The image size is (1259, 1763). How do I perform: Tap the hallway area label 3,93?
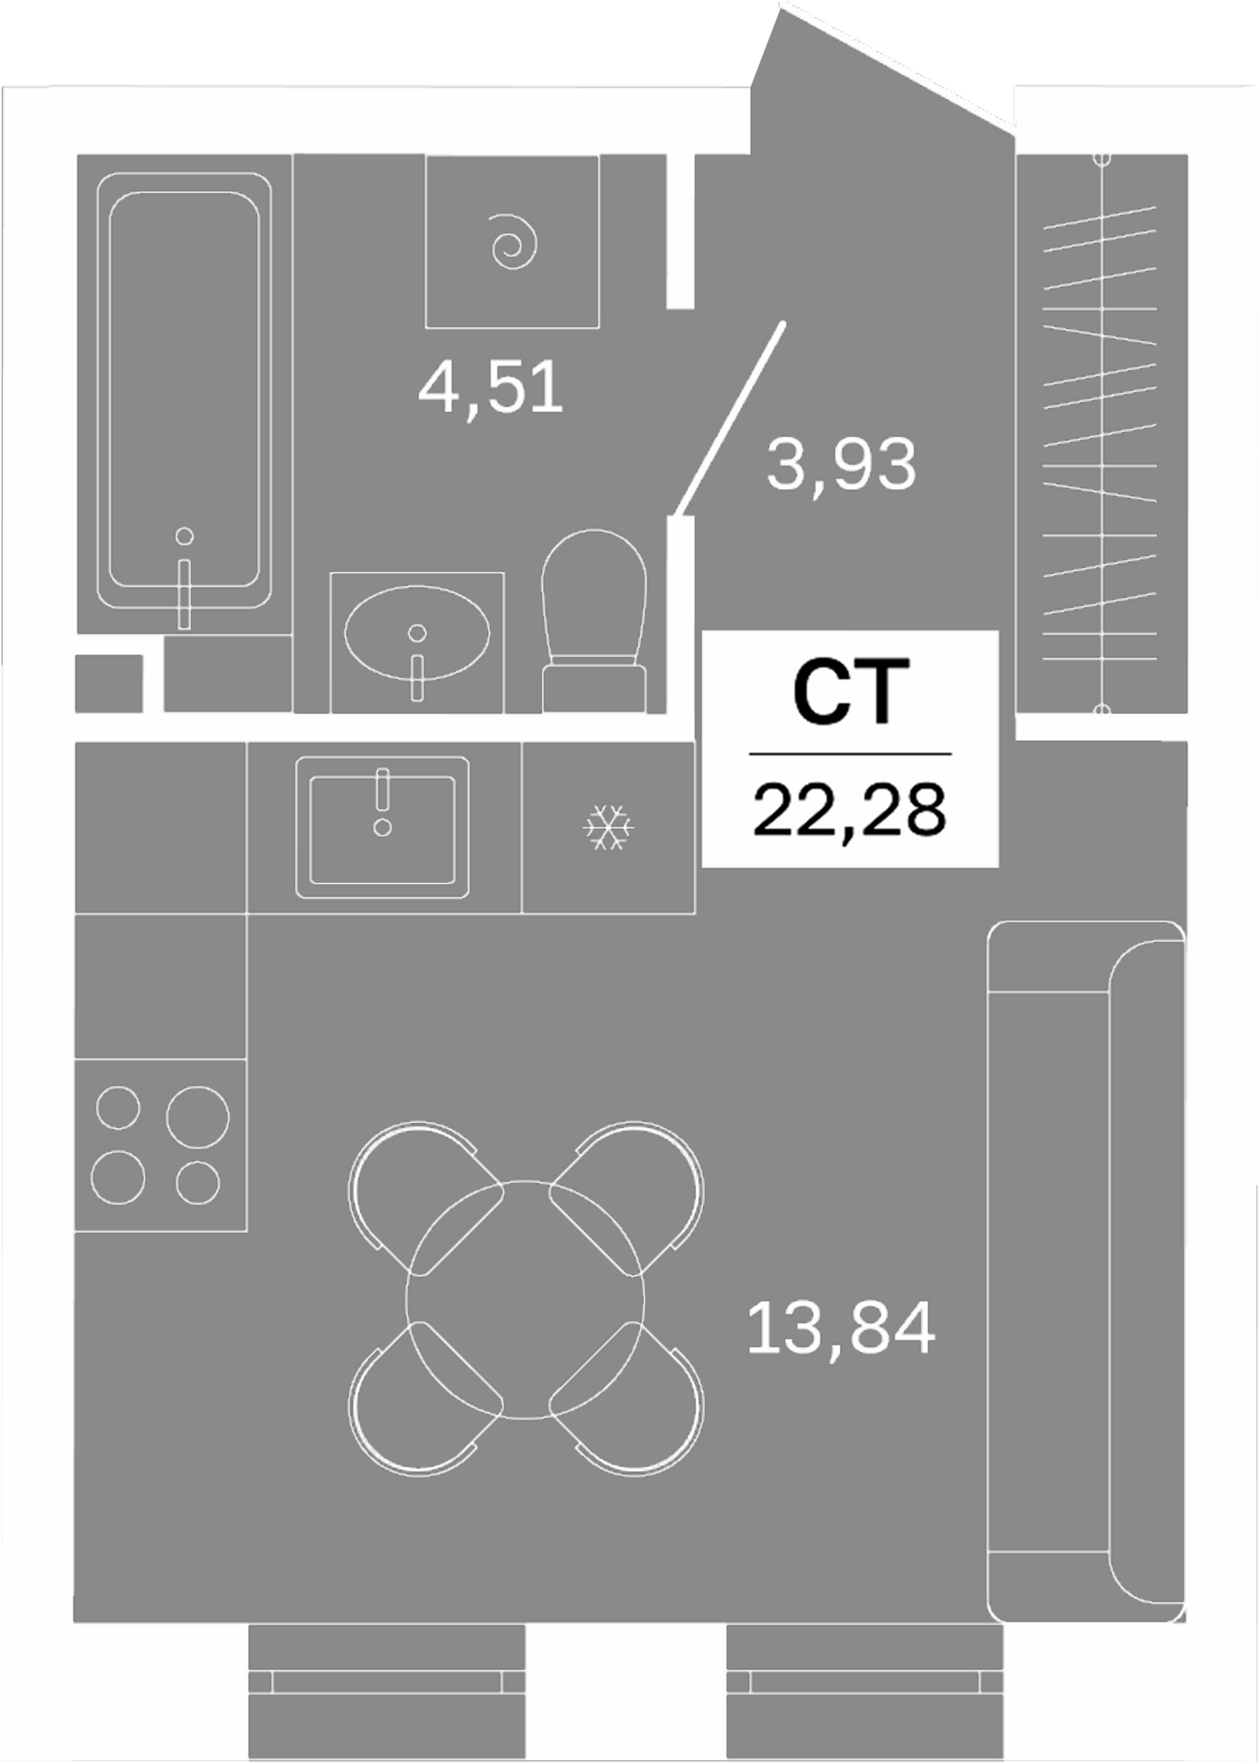click(x=841, y=465)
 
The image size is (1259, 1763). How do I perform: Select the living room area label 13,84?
click(x=841, y=1329)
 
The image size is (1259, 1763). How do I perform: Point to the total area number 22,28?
click(x=849, y=810)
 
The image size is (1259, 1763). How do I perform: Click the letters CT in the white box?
click(x=851, y=693)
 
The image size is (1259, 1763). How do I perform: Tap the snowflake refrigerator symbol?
click(x=609, y=827)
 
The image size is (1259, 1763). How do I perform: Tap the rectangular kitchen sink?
click(x=382, y=827)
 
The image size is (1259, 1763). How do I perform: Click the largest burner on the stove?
click(x=197, y=1117)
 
